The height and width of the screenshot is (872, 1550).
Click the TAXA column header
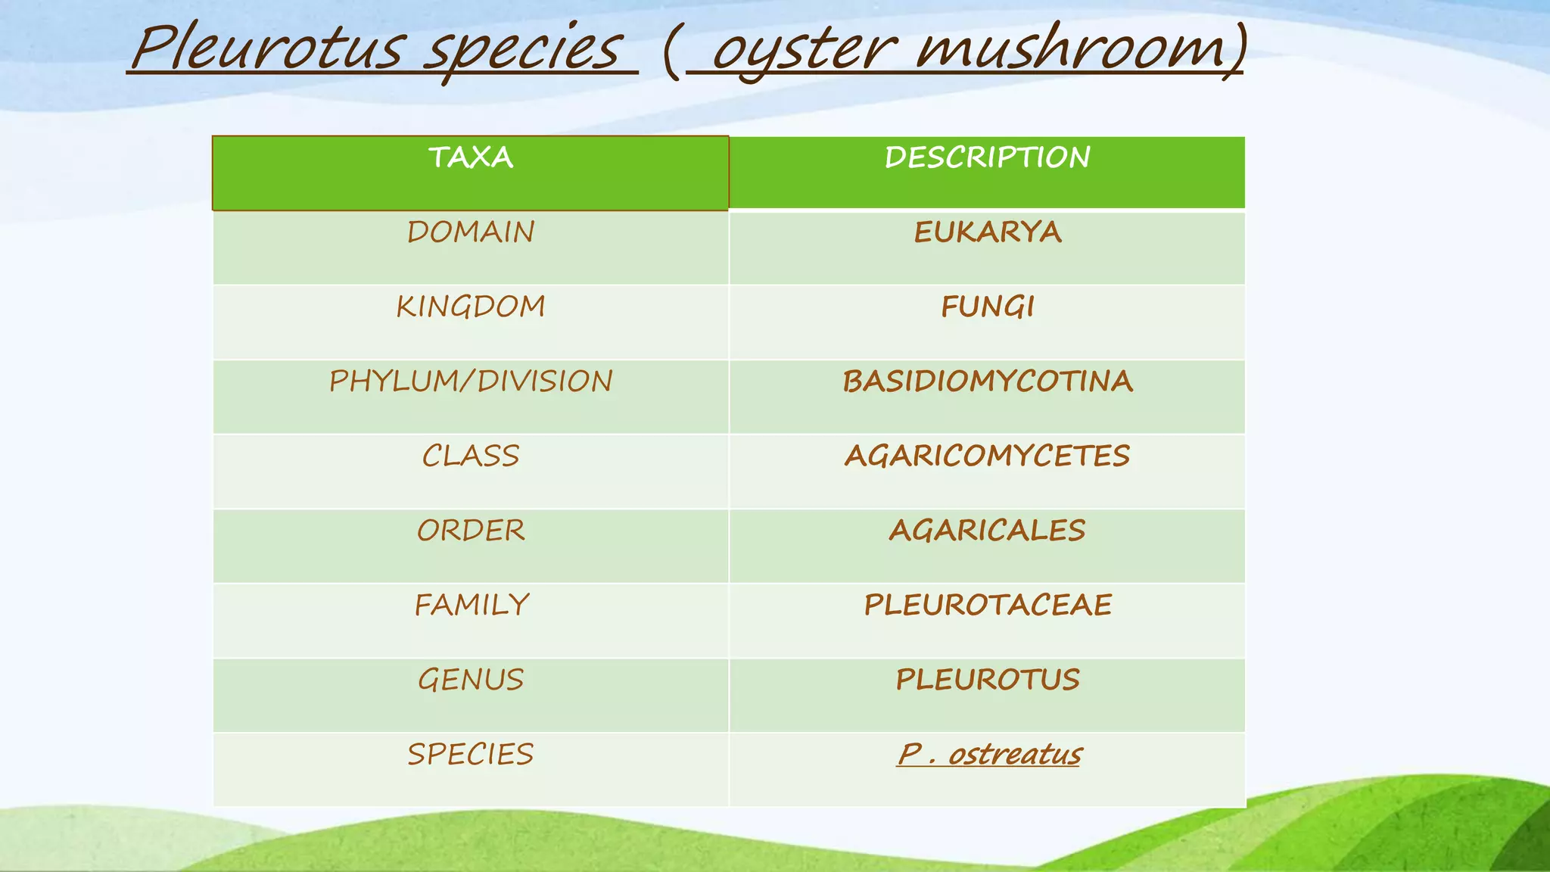coord(471,157)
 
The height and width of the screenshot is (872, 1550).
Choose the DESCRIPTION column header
coord(987,157)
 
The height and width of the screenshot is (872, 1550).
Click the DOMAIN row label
coord(471,232)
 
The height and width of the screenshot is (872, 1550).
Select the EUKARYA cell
coord(987,232)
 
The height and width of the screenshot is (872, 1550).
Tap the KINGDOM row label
coord(471,307)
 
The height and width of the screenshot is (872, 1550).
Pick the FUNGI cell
coord(987,307)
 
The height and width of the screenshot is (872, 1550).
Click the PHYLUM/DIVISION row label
coord(471,381)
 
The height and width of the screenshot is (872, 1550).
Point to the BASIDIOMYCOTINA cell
coord(987,381)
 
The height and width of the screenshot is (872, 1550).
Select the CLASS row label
coord(471,456)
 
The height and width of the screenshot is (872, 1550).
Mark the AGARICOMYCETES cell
coord(987,456)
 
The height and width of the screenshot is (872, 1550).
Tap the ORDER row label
coord(471,530)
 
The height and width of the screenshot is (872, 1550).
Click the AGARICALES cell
coord(987,530)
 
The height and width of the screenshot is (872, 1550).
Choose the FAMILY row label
coord(471,605)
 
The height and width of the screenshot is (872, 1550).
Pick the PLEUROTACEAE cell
coord(987,605)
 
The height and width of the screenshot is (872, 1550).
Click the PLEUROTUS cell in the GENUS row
coord(987,679)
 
